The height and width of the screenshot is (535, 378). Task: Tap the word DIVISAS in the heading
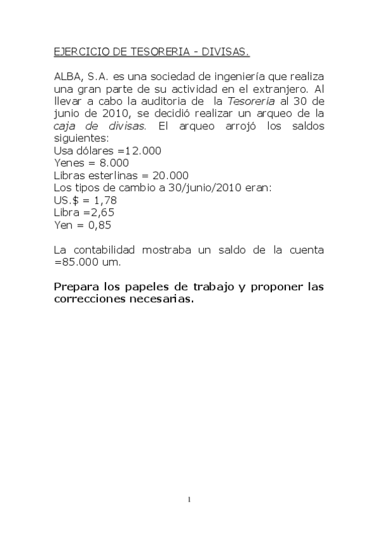(230, 50)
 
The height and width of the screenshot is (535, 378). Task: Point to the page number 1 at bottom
(189, 500)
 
